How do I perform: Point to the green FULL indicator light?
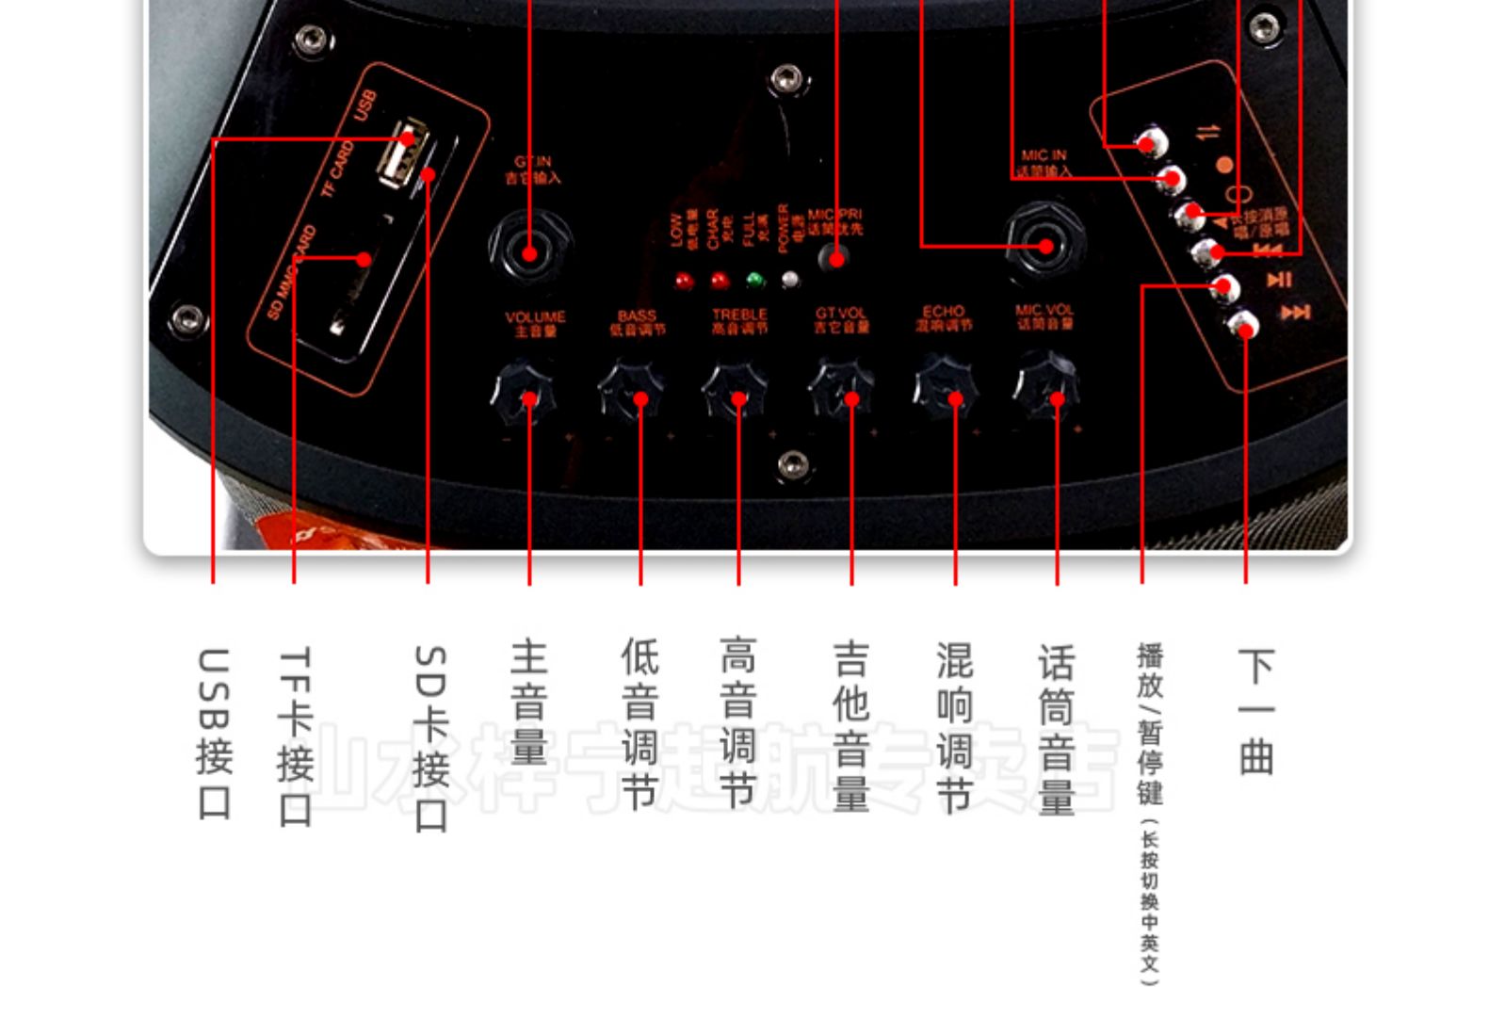click(x=754, y=280)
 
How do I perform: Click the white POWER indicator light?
click(x=790, y=279)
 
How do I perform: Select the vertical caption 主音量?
click(x=529, y=702)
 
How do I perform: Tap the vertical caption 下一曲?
click(x=1255, y=711)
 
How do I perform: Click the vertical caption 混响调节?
click(x=954, y=726)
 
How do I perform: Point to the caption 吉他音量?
click(x=850, y=725)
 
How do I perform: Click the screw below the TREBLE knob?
click(x=792, y=464)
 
